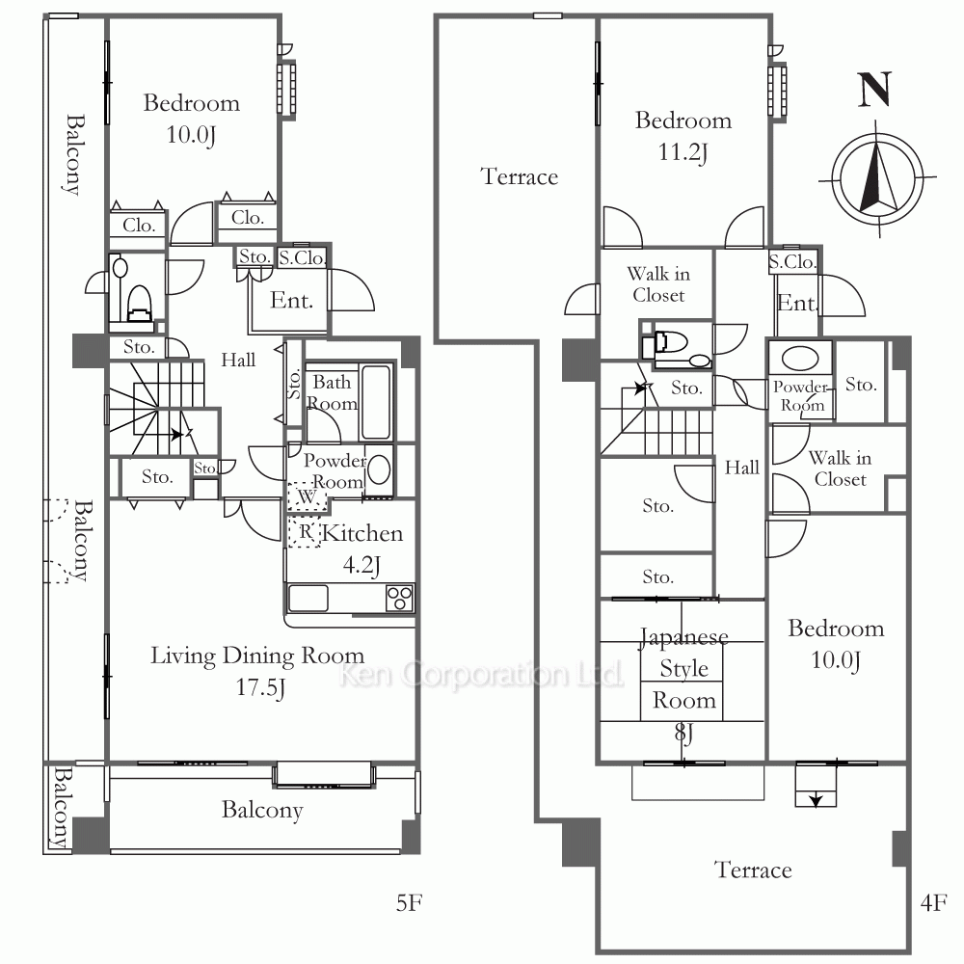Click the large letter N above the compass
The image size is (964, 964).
tap(874, 90)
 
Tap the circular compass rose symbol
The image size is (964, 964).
tap(877, 178)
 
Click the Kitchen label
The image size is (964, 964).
tap(362, 533)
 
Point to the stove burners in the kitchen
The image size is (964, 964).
tap(400, 598)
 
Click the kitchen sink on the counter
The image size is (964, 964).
tap(308, 599)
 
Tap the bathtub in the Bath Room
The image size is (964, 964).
tap(376, 402)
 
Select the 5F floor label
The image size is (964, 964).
tap(409, 902)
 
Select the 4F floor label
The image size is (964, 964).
tap(933, 902)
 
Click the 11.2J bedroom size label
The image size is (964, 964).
tap(683, 152)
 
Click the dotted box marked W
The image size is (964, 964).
tap(307, 496)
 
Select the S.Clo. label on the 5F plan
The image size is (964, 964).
tap(301, 257)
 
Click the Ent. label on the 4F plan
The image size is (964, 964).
tap(797, 303)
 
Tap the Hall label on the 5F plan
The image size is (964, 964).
tap(238, 360)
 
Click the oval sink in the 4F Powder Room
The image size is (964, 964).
tap(800, 359)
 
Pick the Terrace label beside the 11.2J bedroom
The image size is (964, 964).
tap(520, 177)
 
